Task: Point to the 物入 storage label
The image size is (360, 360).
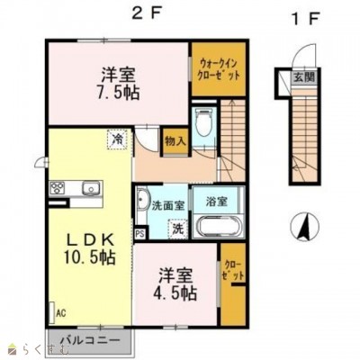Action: [x=175, y=141]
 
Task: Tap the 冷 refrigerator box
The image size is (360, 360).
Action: [x=118, y=139]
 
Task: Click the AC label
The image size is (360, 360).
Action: [x=62, y=313]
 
